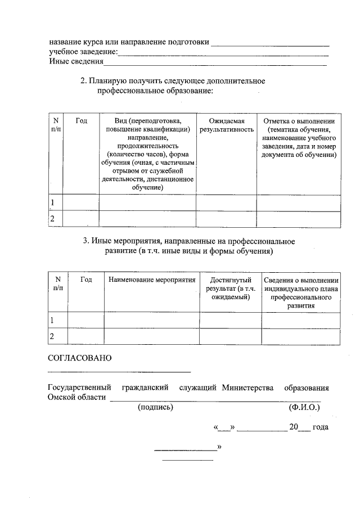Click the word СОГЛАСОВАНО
pos(80,358)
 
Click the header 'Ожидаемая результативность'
pos(226,125)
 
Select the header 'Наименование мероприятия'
pos(152,280)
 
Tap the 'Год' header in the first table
pos(80,121)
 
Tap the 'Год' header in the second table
pos(86,280)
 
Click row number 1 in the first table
pos(53,202)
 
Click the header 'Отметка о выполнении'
pos(299,121)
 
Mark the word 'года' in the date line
pos(320,427)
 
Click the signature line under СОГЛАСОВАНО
pos(119,372)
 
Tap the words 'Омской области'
pos(77,398)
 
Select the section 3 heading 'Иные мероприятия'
pos(189,246)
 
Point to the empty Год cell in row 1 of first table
pos(80,202)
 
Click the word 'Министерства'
pos(247,388)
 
